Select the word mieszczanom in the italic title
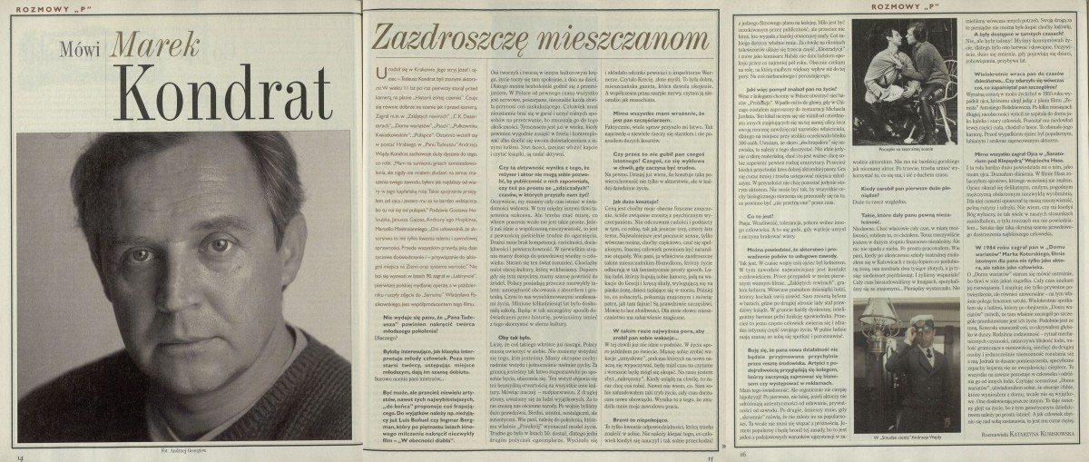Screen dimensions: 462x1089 pyautogui.click(x=618, y=39)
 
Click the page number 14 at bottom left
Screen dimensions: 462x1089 pyautogui.click(x=19, y=455)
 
